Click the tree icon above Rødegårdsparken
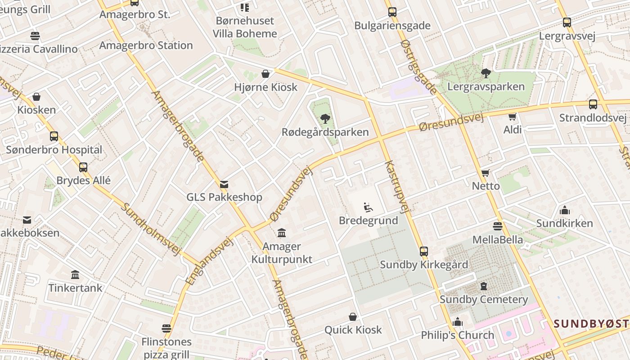[x=325, y=119]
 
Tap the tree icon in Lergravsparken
[x=486, y=73]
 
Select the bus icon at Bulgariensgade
[x=392, y=12]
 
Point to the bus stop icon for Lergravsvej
[x=567, y=22]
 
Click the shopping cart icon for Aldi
[x=512, y=117]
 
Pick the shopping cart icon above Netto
[x=485, y=173]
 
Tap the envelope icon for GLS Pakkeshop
[x=224, y=184]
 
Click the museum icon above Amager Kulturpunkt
[x=282, y=233]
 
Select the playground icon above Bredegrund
[x=368, y=207]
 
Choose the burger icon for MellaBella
[x=497, y=226]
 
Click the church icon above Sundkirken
[x=564, y=210]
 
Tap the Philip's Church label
[x=457, y=335]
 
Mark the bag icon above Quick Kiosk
[x=353, y=317]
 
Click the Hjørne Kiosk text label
[x=265, y=87]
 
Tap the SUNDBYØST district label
[x=591, y=323]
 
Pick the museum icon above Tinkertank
[x=75, y=274]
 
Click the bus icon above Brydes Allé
[x=83, y=167]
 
